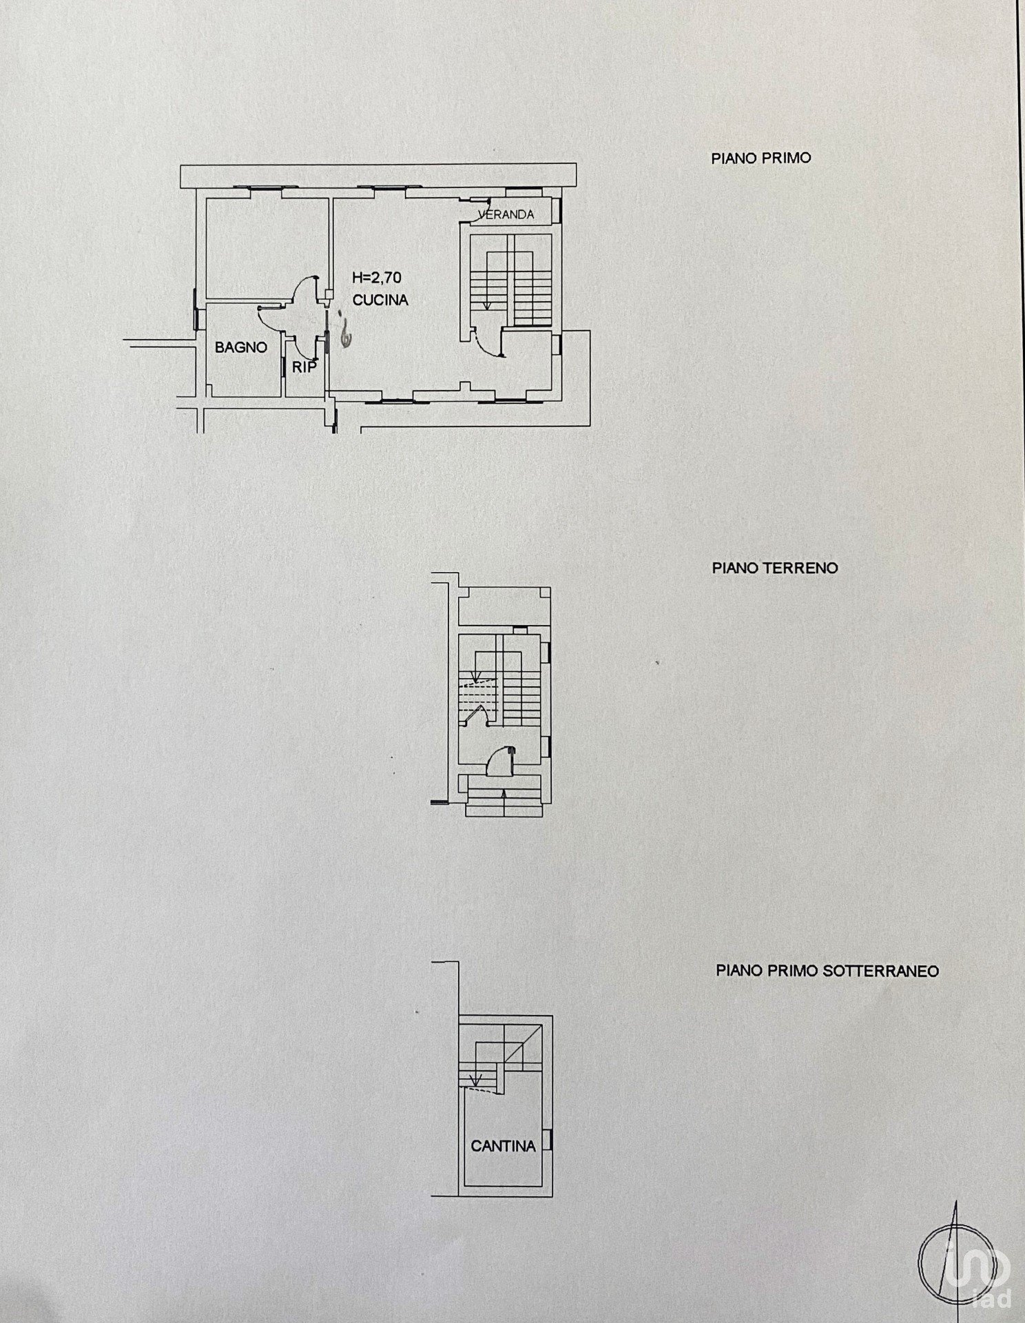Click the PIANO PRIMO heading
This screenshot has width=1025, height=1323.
pos(761,158)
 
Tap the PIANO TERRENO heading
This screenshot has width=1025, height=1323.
pos(775,568)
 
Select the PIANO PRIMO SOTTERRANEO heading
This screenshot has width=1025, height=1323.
pos(827,971)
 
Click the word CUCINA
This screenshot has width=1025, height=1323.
pos(380,300)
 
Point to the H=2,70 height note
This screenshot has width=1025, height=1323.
pos(377,278)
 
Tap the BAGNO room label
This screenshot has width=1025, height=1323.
pos(241,347)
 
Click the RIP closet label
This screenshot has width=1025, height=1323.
pos(304,367)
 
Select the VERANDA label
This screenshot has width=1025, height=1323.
pos(507,214)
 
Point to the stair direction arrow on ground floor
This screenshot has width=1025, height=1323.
pos(474,669)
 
